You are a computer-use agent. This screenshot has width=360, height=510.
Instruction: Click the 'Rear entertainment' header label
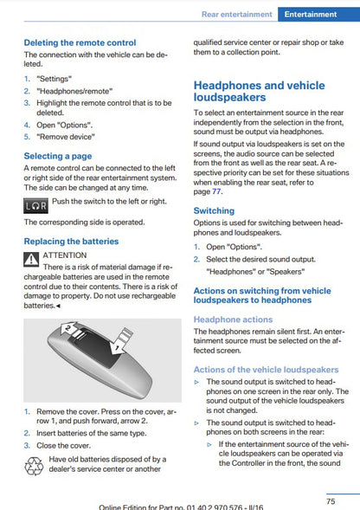pyautogui.click(x=237, y=15)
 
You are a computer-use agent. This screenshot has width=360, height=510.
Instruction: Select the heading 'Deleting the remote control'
pyautogui.click(x=80, y=42)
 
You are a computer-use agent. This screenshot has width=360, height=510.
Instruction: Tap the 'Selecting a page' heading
pyautogui.click(x=58, y=156)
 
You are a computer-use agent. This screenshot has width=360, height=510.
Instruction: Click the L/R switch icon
pyautogui.click(x=35, y=206)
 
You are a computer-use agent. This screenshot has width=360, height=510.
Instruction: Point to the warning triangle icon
pyautogui.click(x=31, y=259)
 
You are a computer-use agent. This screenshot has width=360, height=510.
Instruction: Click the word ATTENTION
pyautogui.click(x=65, y=255)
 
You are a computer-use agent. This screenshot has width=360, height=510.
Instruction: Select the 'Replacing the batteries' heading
pyautogui.click(x=71, y=242)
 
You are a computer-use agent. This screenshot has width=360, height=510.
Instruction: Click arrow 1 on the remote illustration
pyautogui.click(x=121, y=341)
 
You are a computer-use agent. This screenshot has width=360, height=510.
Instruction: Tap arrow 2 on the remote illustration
pyautogui.click(x=70, y=329)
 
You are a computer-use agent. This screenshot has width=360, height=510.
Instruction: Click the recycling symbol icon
pyautogui.click(x=34, y=466)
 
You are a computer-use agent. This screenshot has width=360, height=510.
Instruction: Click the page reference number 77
pyautogui.click(x=216, y=191)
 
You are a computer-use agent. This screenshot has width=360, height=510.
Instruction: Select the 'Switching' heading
pyautogui.click(x=214, y=210)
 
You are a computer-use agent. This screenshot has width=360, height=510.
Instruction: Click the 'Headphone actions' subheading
pyautogui.click(x=233, y=320)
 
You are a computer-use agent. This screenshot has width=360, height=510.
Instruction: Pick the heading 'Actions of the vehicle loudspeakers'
pyautogui.click(x=266, y=370)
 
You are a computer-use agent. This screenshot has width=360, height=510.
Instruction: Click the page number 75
pyautogui.click(x=331, y=501)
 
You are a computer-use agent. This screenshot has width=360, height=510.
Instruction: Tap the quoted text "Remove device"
pyautogui.click(x=66, y=137)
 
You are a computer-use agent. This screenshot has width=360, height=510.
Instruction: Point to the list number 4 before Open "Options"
pyautogui.click(x=27, y=125)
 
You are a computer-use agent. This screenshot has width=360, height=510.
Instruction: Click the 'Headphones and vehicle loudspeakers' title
pyautogui.click(x=260, y=92)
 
